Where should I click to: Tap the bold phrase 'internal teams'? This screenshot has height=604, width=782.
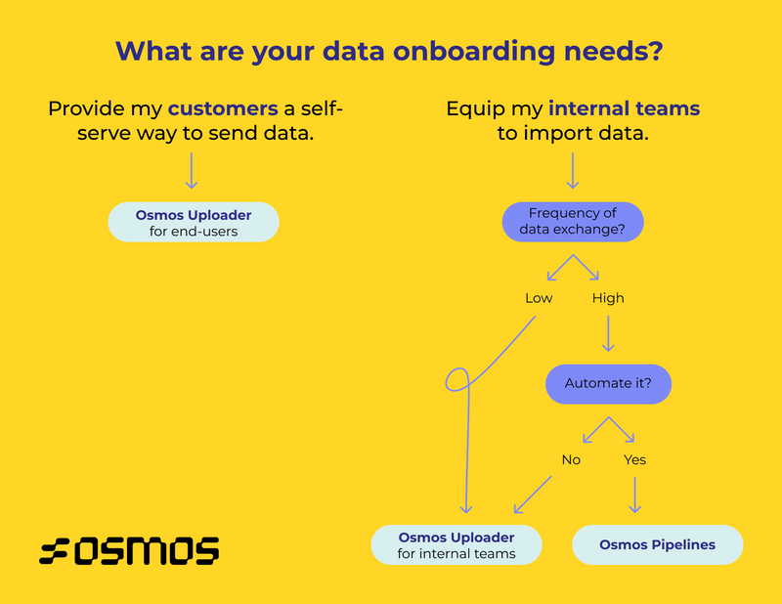[625, 108]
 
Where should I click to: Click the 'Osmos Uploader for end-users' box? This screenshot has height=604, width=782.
[194, 222]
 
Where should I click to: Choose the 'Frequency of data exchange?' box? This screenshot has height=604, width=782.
[573, 222]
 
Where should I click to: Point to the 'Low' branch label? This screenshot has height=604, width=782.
[539, 297]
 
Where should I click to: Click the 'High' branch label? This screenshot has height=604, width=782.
[608, 297]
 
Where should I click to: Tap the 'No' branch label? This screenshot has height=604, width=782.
[571, 458]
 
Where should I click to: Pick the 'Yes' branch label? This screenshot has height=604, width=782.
[634, 458]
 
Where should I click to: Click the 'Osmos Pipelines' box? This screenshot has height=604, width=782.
[657, 544]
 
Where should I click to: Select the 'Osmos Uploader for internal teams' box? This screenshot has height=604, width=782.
[456, 544]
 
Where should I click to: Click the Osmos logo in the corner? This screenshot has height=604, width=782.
[129, 550]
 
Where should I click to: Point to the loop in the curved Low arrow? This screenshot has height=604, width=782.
[457, 379]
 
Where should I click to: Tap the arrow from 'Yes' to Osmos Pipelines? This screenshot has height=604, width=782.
[634, 494]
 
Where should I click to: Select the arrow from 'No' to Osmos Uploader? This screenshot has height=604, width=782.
[534, 495]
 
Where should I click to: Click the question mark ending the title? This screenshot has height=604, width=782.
[654, 51]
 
